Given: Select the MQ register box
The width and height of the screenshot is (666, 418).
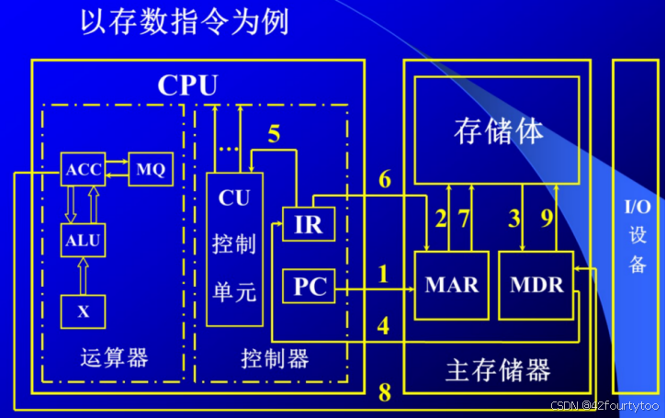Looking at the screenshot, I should pos(150,170).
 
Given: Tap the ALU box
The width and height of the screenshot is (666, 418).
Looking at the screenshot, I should pos(83,242).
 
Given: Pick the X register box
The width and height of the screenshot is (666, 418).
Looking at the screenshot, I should pos(83,311).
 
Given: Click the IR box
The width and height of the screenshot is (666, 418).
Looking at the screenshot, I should pos(308,225).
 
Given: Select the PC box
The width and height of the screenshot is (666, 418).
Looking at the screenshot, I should pos(309,288).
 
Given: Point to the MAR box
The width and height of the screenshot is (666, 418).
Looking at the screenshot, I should pos(451,285).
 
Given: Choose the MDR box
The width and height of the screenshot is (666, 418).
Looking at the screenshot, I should pos(536,285).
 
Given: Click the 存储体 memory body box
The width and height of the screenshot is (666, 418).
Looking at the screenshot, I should pos(497,129).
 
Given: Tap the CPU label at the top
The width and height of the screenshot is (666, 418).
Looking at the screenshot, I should pos(187,85).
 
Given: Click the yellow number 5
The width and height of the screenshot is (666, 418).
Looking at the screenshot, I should pos(274,134).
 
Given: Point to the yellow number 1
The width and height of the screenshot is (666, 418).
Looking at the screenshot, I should pos(384,274).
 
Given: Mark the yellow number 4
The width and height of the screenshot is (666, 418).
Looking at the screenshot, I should pos(384,325).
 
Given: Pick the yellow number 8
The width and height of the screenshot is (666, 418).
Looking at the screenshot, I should pos(384,393).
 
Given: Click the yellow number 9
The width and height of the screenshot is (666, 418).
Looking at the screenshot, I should pos(547,218).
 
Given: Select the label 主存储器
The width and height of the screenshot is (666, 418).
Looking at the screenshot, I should pos(498,370).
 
